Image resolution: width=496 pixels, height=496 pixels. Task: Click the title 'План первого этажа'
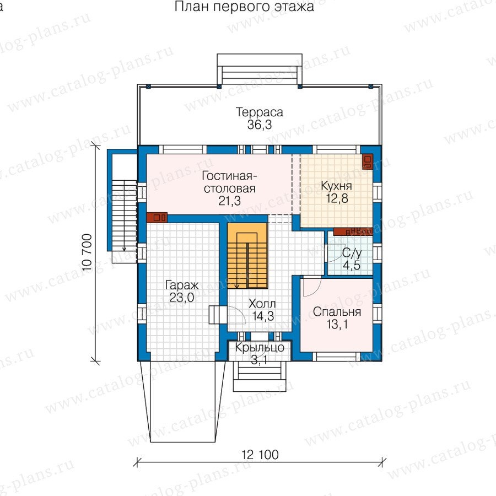(244, 7)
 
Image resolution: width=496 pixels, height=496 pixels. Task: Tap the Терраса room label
(260, 112)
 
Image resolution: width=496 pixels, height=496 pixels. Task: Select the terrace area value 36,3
(260, 125)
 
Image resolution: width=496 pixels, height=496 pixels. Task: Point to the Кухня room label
(336, 186)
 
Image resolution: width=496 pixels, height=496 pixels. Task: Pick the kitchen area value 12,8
(337, 198)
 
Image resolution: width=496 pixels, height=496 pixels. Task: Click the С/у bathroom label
(352, 253)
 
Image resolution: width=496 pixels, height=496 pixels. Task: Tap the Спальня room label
(337, 312)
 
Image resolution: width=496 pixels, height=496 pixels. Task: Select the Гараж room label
(182, 285)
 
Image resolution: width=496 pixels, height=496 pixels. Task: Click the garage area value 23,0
(182, 298)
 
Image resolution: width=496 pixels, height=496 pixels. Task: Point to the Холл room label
(262, 304)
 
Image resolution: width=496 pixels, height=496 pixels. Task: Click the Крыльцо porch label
(260, 347)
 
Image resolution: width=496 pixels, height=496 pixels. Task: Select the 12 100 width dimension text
(260, 455)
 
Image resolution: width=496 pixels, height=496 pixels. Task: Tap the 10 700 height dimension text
(87, 252)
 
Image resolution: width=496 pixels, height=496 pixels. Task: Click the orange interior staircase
(247, 256)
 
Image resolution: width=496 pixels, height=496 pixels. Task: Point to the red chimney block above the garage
(157, 217)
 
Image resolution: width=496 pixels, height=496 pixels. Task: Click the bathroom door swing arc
(334, 253)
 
